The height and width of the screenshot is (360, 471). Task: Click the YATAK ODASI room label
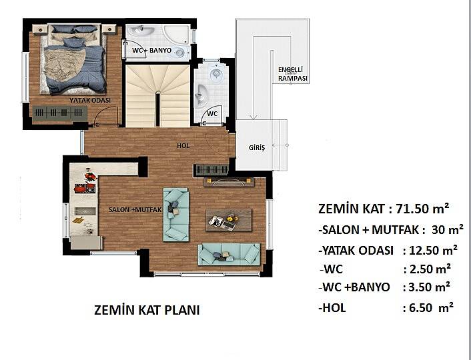(90, 100)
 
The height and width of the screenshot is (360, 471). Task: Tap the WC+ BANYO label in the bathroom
(151, 50)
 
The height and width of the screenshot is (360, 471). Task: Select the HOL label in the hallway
(183, 145)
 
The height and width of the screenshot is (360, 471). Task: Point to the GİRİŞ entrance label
(257, 148)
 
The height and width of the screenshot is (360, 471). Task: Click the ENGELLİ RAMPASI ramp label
(293, 74)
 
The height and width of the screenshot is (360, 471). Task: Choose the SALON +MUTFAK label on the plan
(135, 209)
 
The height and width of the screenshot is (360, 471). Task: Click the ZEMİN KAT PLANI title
(147, 310)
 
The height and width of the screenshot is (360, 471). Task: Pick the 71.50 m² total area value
(423, 208)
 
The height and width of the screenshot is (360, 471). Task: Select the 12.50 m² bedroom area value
(434, 250)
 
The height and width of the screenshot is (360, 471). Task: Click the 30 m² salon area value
(448, 230)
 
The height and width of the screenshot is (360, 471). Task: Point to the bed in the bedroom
(73, 59)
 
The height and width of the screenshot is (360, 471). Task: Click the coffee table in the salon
(229, 221)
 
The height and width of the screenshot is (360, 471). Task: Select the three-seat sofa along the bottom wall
(229, 254)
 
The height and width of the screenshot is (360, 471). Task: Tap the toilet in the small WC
(215, 73)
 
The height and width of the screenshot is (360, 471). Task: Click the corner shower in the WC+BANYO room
(176, 34)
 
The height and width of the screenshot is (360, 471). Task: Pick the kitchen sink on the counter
(85, 211)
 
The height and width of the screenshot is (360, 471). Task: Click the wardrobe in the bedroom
(60, 113)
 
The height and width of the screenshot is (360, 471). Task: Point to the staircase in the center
(157, 96)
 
